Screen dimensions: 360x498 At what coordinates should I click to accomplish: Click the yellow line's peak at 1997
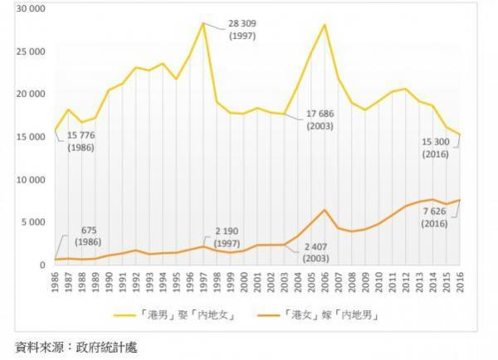203,22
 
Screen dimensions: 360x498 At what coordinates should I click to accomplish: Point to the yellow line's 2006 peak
325,24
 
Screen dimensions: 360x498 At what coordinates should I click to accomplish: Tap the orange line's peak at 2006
325,210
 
